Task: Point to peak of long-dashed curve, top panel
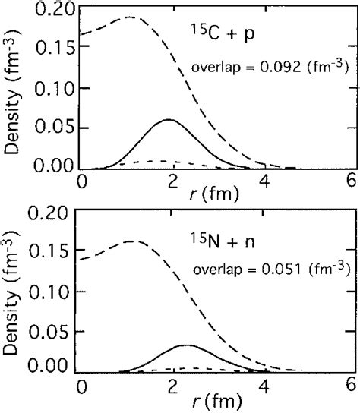coord(129,17)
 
